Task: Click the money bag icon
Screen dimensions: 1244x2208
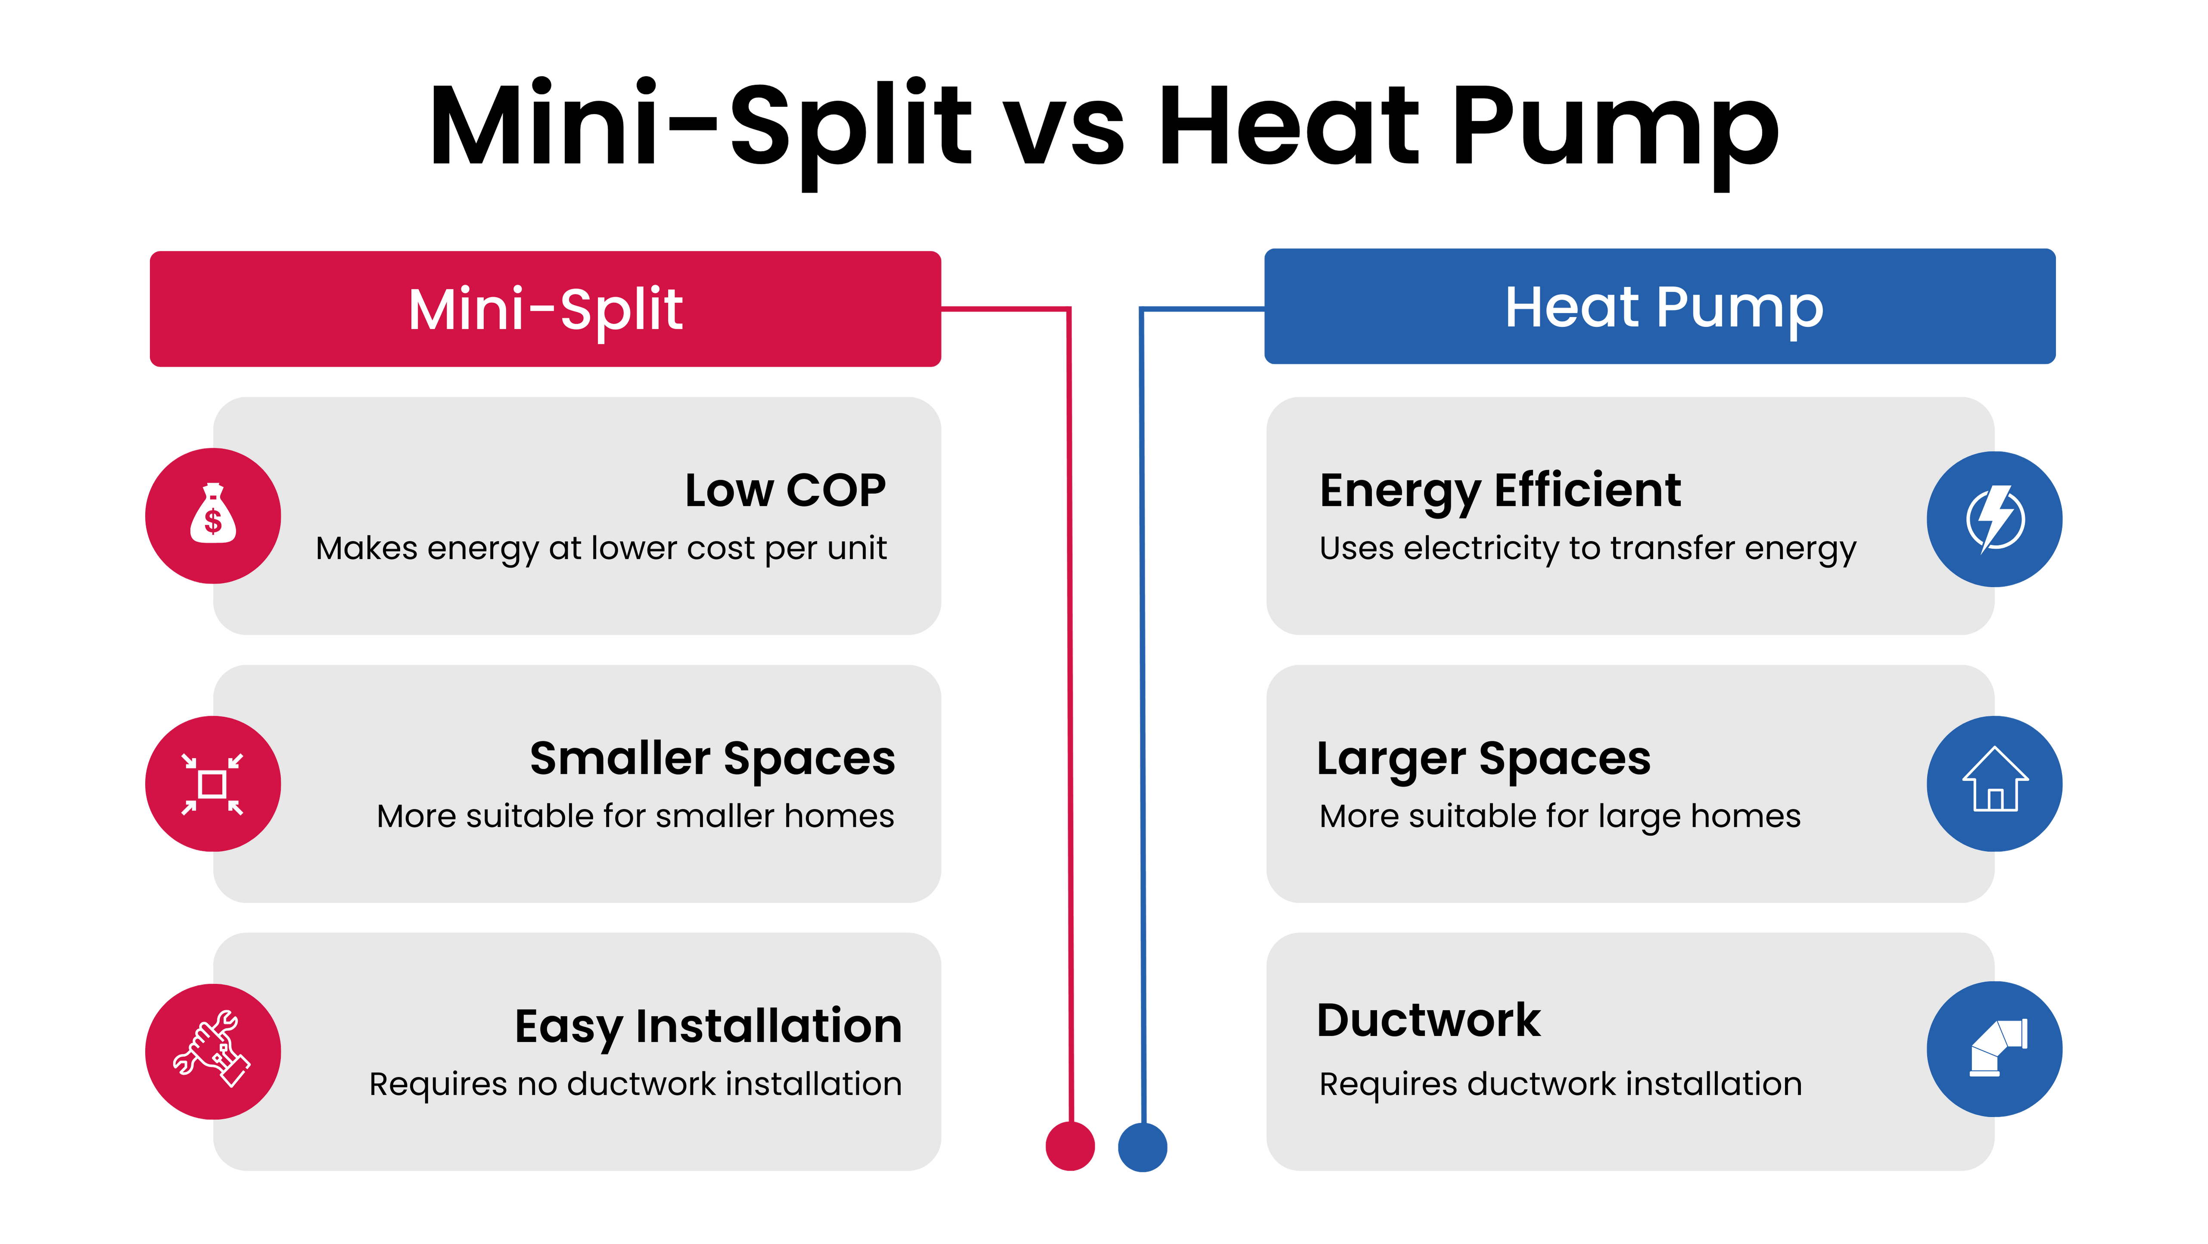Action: pyautogui.click(x=212, y=515)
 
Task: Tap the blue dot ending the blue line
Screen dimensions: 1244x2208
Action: pyautogui.click(x=1143, y=1146)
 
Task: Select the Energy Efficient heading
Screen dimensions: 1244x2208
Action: pyautogui.click(x=1500, y=491)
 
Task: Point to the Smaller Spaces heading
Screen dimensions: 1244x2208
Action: pyautogui.click(x=712, y=759)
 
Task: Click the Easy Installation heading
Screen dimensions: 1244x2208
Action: pyautogui.click(x=708, y=1026)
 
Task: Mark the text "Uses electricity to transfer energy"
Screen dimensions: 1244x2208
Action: pyautogui.click(x=1588, y=549)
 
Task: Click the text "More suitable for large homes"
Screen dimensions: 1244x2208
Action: pyautogui.click(x=1560, y=816)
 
